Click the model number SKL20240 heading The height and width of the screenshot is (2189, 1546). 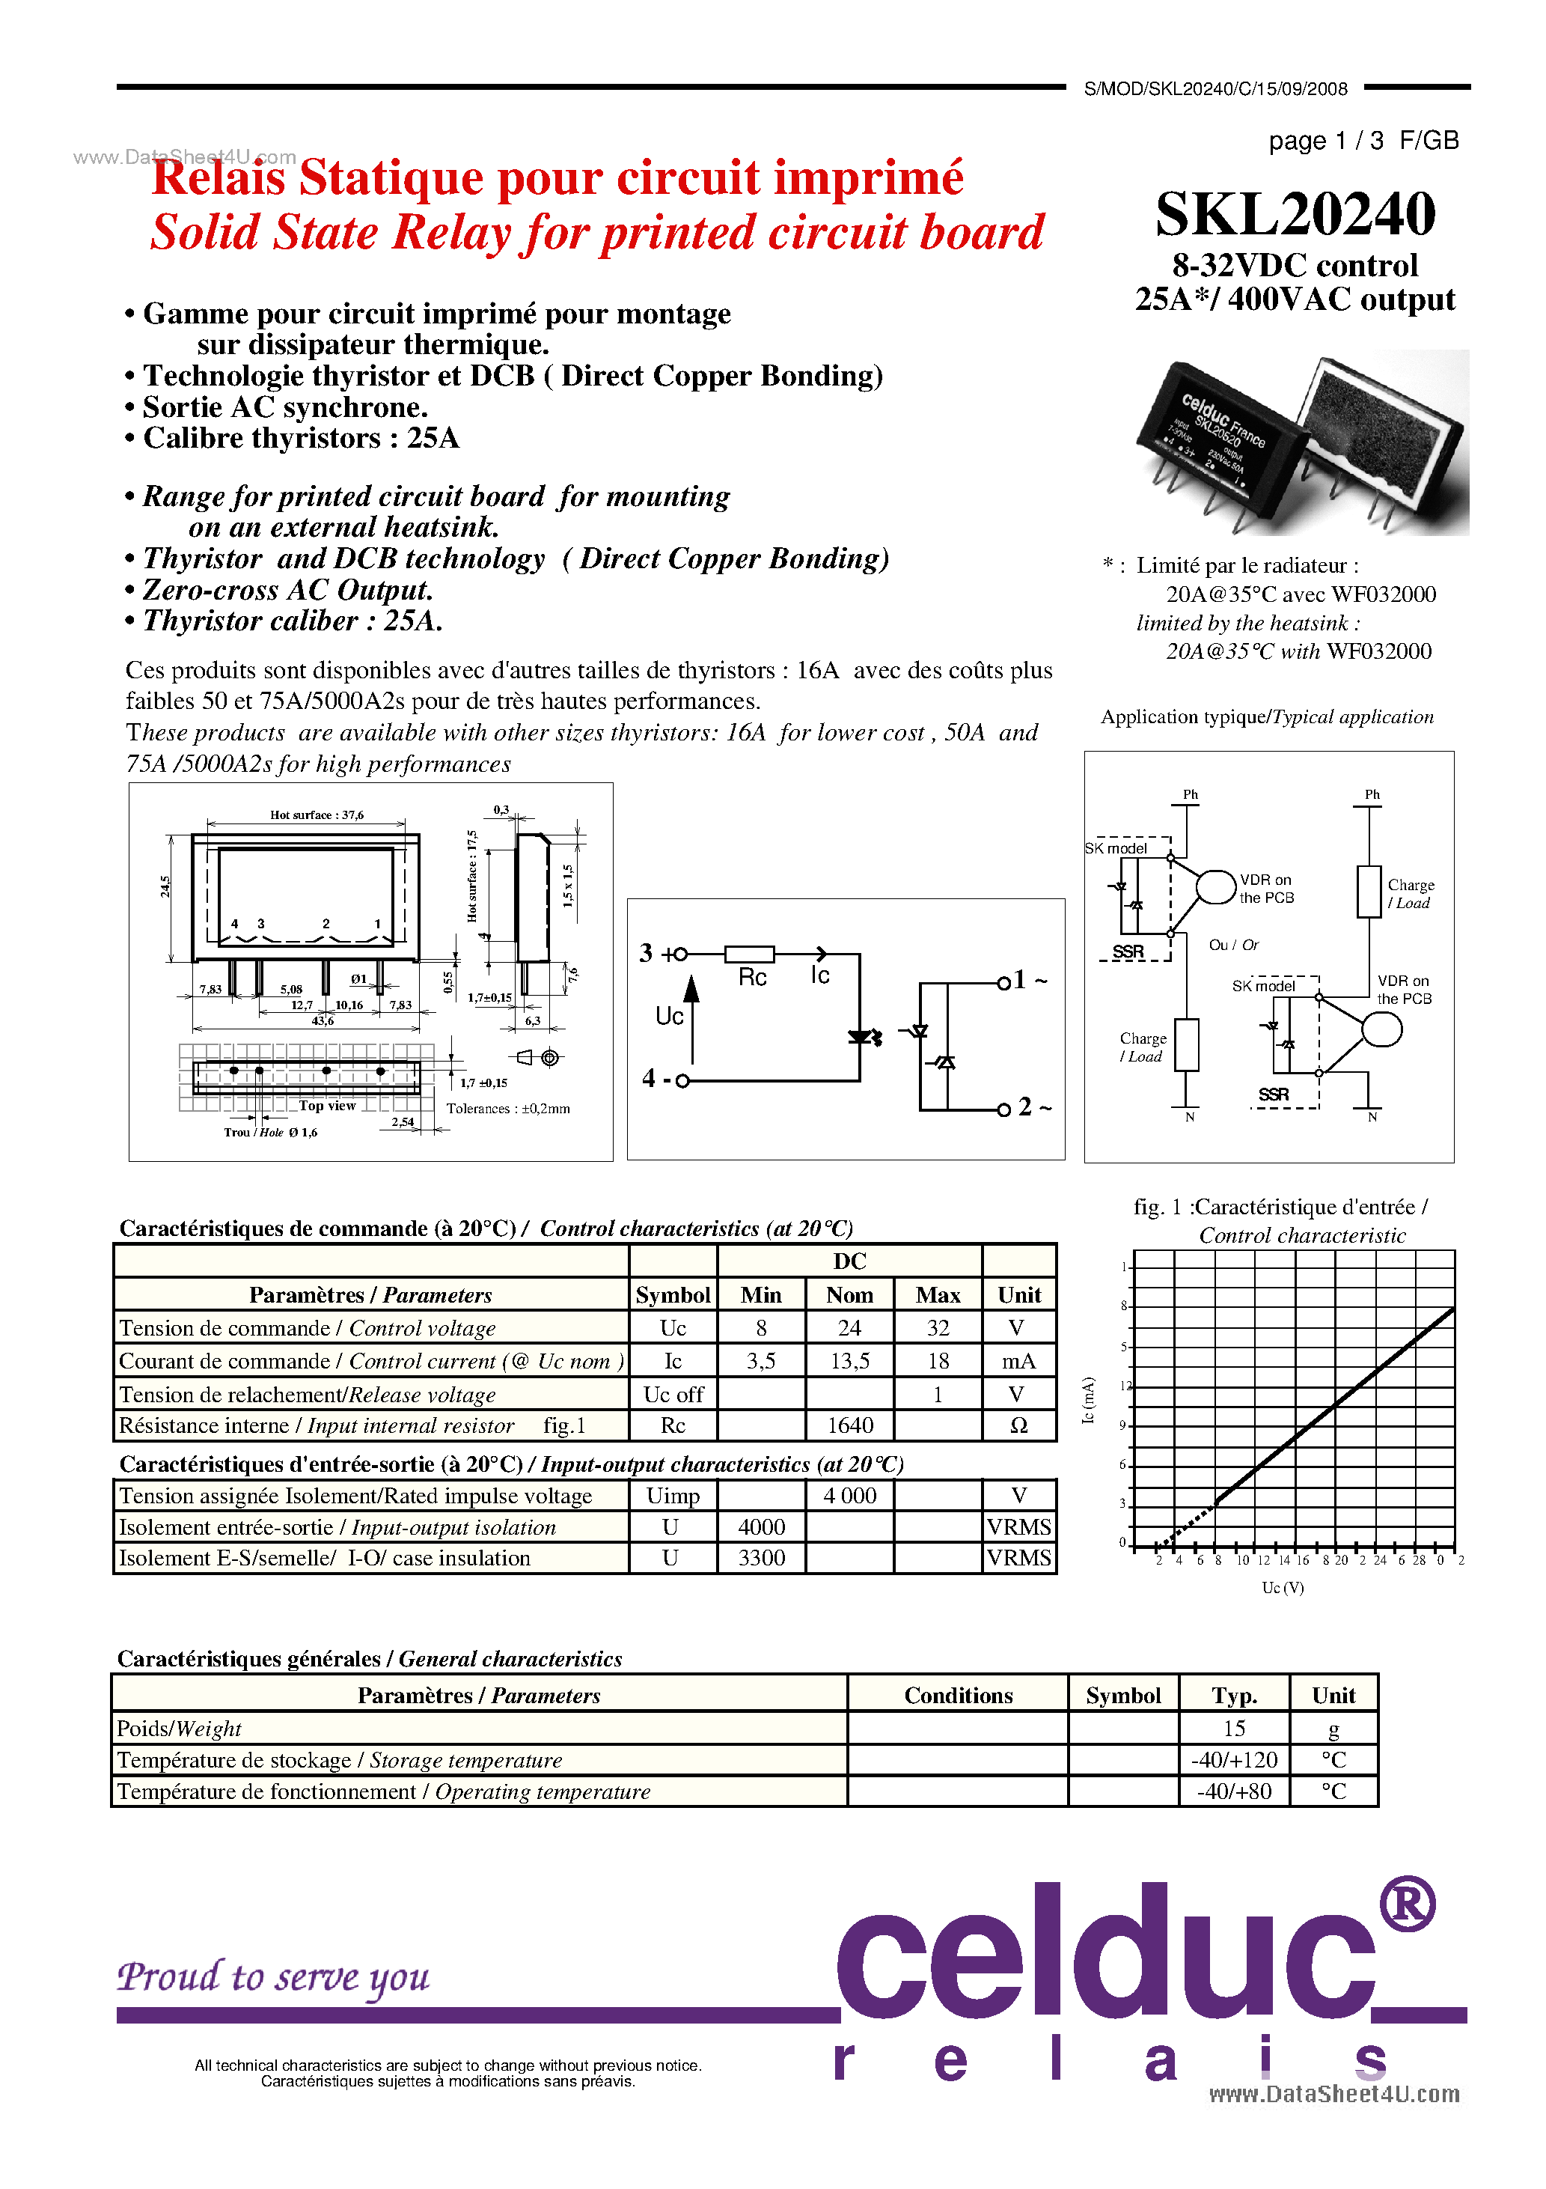(x=1295, y=215)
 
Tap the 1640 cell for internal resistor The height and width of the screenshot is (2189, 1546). (x=849, y=1425)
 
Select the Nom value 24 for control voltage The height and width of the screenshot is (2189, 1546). (x=849, y=1328)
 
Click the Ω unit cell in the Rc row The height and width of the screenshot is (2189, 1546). (x=1018, y=1425)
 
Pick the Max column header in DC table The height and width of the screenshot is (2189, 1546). (x=937, y=1294)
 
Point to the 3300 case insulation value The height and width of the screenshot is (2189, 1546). (x=762, y=1558)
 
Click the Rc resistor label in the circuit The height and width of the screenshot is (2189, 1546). (x=752, y=977)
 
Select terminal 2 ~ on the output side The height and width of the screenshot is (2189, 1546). (x=1032, y=1107)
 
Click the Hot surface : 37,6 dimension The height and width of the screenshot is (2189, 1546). (x=317, y=815)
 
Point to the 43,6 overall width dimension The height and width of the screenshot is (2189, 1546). (x=323, y=1021)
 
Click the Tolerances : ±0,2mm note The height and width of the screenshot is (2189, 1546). (x=508, y=1109)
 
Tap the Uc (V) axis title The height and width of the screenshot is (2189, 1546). (x=1282, y=1587)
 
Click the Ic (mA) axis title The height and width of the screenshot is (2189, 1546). (x=1089, y=1401)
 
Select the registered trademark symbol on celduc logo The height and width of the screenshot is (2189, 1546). (x=1407, y=1904)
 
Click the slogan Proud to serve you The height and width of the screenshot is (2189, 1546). (x=274, y=1976)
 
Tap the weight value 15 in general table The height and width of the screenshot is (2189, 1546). (x=1233, y=1729)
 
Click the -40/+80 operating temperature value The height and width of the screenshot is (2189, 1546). (x=1233, y=1791)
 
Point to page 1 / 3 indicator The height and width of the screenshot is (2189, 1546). (x=1325, y=141)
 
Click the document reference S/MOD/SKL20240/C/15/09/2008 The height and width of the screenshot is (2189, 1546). (x=1215, y=88)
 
